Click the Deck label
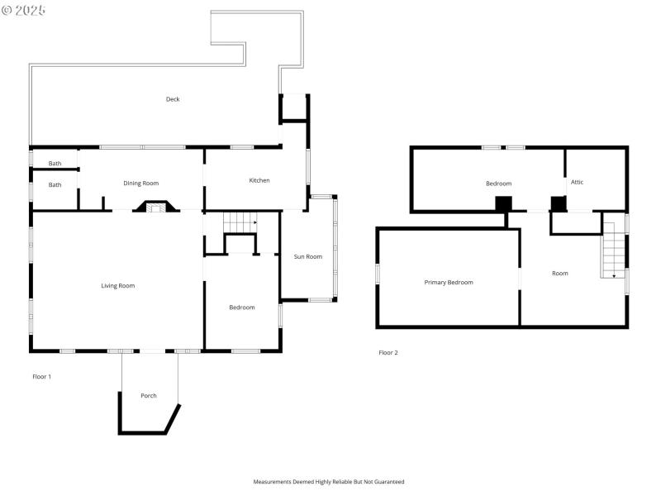coord(172,99)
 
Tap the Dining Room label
coord(140,184)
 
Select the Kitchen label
coord(259,180)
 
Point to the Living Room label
coord(117,286)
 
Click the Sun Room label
coord(308,256)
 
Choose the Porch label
coord(149,396)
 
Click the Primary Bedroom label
coord(449,283)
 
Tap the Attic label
coord(577,182)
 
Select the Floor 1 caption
coord(41,377)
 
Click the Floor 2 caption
coord(388,353)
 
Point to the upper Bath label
coord(55,164)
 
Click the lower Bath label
coord(55,185)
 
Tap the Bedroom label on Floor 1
coord(242,308)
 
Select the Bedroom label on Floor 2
coord(498,184)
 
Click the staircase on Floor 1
coord(240,222)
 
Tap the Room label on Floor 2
coord(560,274)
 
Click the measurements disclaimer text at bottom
coord(329,481)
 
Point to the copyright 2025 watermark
coord(25,10)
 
